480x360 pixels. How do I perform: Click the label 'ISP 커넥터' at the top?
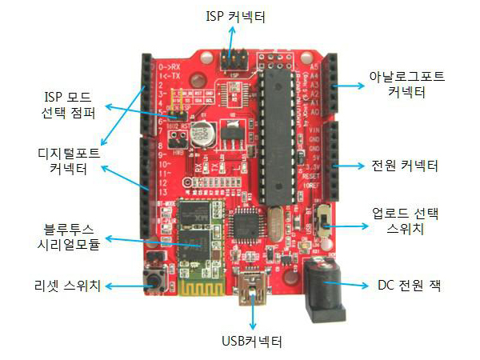coord(234,15)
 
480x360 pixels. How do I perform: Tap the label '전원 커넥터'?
coord(405,166)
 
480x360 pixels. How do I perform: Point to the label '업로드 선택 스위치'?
coord(406,222)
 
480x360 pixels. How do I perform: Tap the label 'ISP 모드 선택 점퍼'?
coord(70,106)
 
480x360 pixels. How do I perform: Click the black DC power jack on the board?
coord(324,288)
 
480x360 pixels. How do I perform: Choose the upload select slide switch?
coord(326,219)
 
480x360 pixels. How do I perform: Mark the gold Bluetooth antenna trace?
coord(195,287)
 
